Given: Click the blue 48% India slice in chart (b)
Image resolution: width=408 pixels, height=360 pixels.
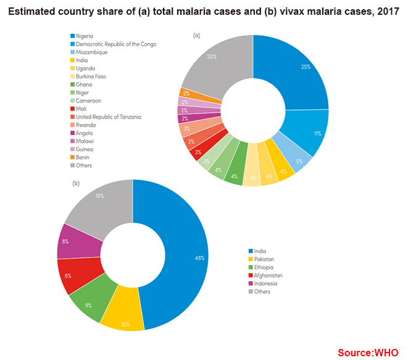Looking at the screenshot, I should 185,259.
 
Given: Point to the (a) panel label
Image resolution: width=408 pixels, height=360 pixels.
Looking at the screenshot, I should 197,35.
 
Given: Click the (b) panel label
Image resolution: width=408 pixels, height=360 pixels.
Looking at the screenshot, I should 76,183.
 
